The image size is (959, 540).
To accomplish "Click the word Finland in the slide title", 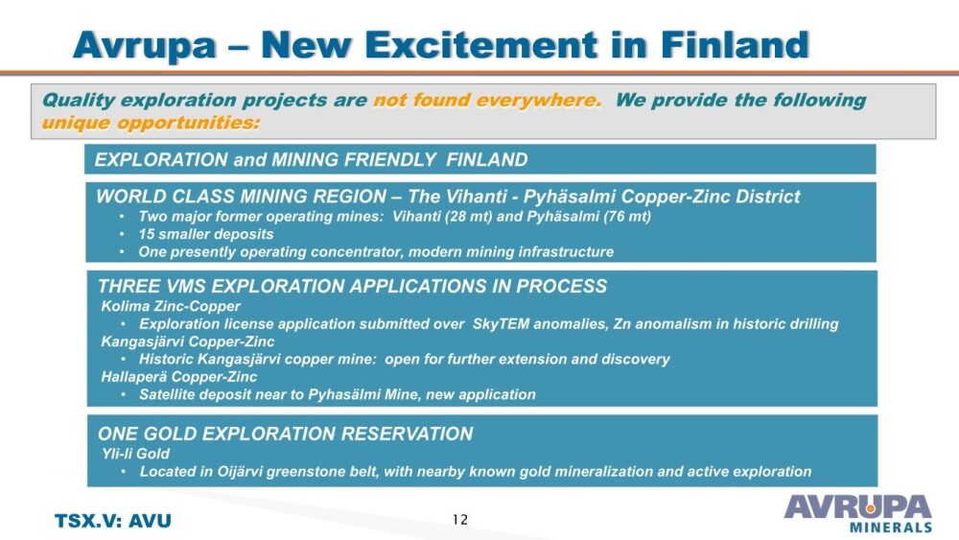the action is [x=735, y=45].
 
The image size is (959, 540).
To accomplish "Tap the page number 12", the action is [x=460, y=520].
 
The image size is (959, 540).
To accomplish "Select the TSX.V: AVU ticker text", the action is [x=113, y=521].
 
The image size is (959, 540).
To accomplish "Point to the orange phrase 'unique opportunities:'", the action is [x=151, y=123].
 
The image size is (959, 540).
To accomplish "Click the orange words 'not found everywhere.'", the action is [x=487, y=100].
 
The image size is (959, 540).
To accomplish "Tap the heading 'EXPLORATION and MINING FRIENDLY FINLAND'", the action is [x=311, y=159].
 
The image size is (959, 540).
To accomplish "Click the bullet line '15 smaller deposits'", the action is [x=205, y=234].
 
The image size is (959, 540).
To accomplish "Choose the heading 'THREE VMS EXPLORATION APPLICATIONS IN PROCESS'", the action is [x=352, y=286].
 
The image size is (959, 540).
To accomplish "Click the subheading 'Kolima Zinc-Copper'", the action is [x=171, y=306].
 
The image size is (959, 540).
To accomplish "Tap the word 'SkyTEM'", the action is [x=501, y=324].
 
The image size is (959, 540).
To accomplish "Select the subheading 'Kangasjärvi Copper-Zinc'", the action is [x=188, y=341].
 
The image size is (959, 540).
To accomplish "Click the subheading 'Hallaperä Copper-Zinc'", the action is [x=178, y=377].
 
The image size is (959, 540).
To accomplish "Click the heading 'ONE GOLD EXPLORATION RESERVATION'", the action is [x=285, y=434].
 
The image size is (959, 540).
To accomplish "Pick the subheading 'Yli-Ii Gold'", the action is [x=135, y=454].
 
